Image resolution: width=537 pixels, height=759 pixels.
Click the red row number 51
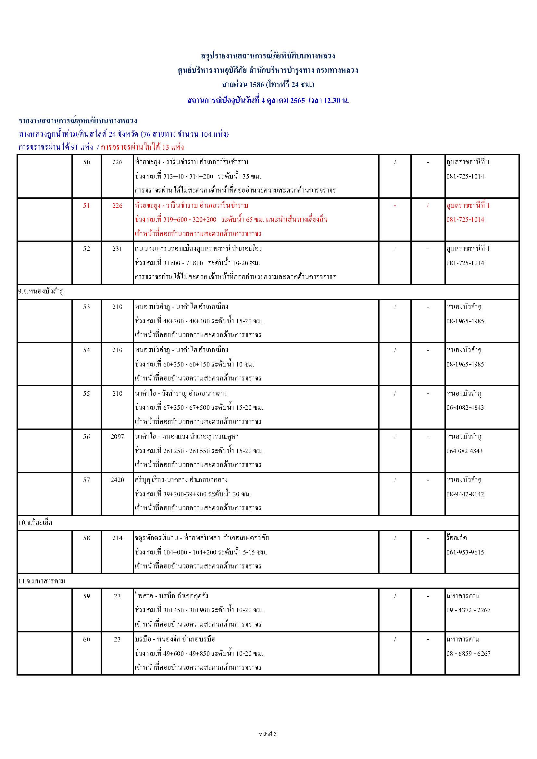tap(86, 205)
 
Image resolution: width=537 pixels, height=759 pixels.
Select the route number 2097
tap(118, 437)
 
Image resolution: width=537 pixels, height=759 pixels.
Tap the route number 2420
tap(118, 480)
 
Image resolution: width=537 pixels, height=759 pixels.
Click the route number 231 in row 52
tap(118, 249)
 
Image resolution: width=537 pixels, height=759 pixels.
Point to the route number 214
tap(118, 538)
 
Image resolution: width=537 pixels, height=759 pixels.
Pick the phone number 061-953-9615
tap(465, 552)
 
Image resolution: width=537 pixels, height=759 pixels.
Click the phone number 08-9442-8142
tap(465, 494)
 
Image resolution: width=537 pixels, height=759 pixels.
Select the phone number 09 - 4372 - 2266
tap(468, 610)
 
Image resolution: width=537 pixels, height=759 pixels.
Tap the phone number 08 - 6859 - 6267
tap(468, 653)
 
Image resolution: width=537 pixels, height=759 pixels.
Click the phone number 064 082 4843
tap(464, 451)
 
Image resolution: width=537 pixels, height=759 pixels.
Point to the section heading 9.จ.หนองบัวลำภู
tap(41, 292)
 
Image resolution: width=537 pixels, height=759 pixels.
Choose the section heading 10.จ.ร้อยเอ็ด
tap(35, 523)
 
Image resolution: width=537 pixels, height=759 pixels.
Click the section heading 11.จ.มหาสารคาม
tap(42, 581)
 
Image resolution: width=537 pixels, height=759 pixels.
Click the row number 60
tap(86, 639)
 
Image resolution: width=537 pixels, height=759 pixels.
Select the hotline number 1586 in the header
tap(257, 85)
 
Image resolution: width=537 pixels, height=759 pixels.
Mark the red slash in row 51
tap(428, 205)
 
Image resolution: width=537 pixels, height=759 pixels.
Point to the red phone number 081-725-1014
tap(465, 219)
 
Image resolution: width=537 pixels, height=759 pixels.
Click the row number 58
tap(86, 538)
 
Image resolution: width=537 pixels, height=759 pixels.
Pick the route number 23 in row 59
tap(118, 596)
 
